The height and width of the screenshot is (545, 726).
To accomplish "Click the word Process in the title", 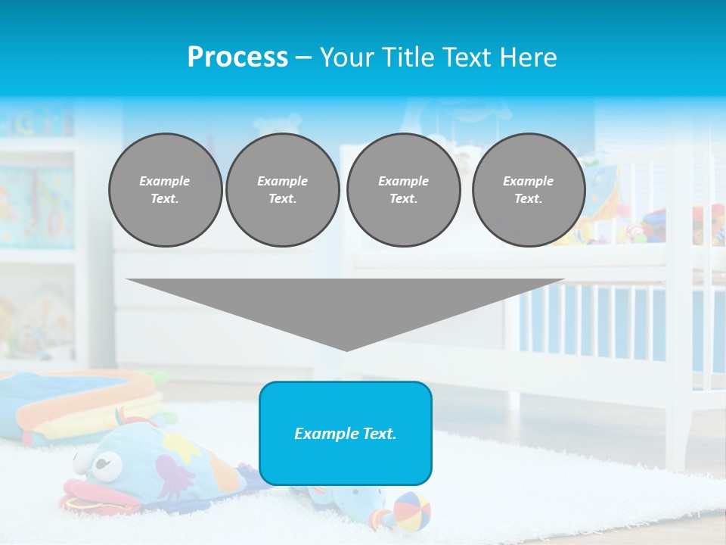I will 237,58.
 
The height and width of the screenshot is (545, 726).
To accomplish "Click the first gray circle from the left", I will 165,190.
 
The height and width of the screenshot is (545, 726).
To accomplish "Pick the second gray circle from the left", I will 282,190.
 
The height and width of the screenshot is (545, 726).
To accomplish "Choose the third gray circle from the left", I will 403,190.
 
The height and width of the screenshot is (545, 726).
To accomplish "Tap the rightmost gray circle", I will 529,190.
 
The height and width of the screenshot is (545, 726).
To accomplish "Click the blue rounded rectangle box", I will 346,433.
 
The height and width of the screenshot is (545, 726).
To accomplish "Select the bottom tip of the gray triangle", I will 346,349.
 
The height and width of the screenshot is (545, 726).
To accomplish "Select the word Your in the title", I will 346,58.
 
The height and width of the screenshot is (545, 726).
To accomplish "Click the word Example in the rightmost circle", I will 528,182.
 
